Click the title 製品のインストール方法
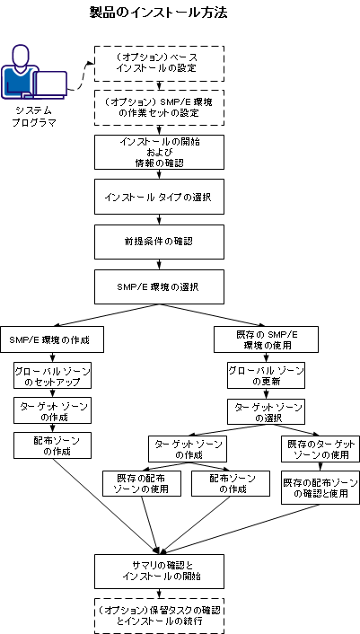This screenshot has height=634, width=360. point(159,13)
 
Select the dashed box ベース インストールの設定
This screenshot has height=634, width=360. point(158,63)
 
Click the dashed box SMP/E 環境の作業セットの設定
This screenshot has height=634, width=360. point(158,109)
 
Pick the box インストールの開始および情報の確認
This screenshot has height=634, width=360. point(158,152)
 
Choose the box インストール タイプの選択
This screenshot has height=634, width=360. point(158,196)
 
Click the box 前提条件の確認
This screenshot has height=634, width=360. point(158,242)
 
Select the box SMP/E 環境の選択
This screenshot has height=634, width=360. point(158,286)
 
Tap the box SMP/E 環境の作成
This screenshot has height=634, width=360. point(55,340)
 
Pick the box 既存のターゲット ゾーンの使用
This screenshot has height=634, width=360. point(315,449)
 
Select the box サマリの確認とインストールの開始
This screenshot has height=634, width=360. point(158,568)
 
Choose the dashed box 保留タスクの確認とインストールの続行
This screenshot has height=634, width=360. point(158,615)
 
